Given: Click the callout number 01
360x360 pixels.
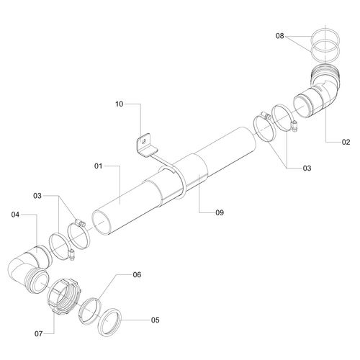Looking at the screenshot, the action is pyautogui.click(x=98, y=166).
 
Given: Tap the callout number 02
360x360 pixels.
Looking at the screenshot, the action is pyautogui.click(x=346, y=142).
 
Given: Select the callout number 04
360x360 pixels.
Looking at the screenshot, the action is pyautogui.click(x=15, y=215).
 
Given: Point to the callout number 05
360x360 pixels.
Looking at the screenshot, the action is pyautogui.click(x=155, y=320).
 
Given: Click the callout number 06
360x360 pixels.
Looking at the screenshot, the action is pyautogui.click(x=137, y=274).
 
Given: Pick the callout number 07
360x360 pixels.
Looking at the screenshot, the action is pyautogui.click(x=39, y=333).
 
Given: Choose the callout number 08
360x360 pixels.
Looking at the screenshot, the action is pyautogui.click(x=279, y=36).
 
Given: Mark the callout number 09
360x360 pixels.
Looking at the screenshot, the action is pyautogui.click(x=220, y=212).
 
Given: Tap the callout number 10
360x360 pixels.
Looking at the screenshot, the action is pyautogui.click(x=119, y=104).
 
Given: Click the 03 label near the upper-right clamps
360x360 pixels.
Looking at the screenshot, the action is pyautogui.click(x=307, y=168).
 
